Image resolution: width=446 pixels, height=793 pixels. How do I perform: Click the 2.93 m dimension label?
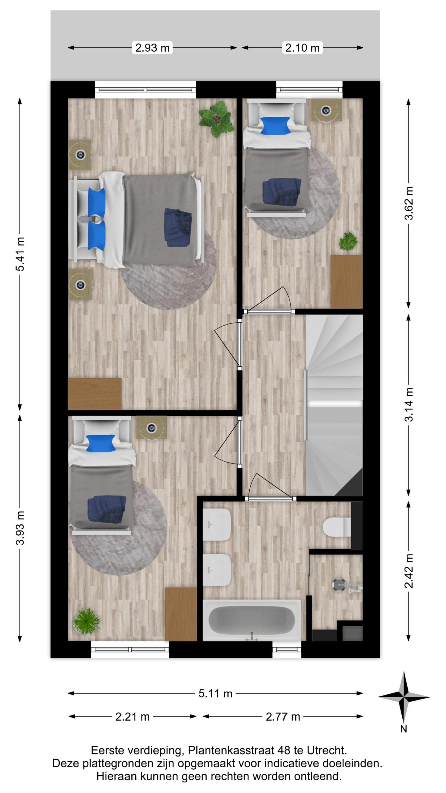[152, 48]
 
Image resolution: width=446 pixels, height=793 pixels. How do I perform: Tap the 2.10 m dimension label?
[302, 48]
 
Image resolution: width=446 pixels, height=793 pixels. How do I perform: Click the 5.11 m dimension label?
[215, 693]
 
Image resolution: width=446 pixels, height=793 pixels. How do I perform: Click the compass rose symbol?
[404, 698]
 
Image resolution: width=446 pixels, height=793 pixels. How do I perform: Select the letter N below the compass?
[404, 729]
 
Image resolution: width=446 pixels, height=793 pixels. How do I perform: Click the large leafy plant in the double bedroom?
[216, 120]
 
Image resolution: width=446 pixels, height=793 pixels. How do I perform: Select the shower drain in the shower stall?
[339, 585]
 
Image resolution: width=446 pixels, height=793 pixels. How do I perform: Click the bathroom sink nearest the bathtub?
[217, 570]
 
